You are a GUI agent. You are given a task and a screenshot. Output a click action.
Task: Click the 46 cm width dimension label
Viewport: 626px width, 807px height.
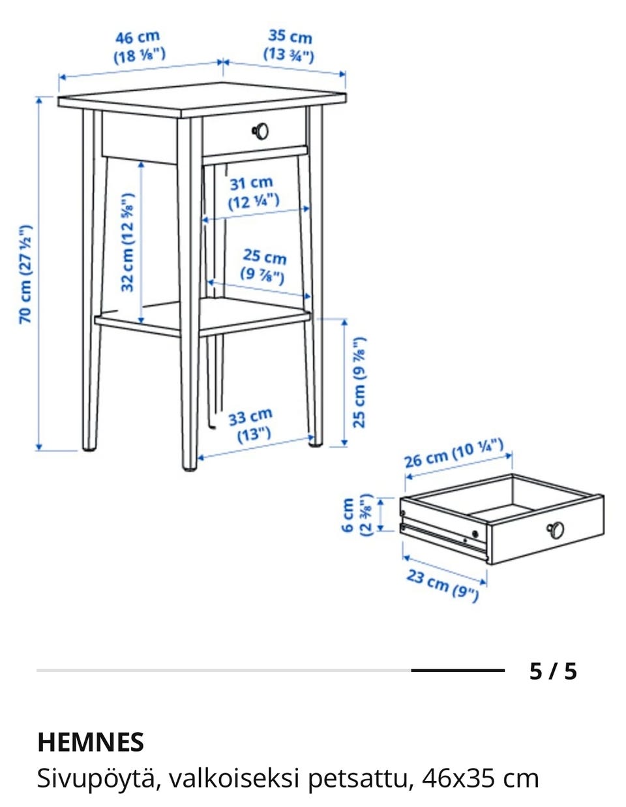tap(139, 47)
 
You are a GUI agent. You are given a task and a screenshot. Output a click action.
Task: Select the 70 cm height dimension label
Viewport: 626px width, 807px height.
tap(25, 274)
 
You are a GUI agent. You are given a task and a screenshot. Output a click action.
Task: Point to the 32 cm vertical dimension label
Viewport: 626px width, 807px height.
tap(127, 243)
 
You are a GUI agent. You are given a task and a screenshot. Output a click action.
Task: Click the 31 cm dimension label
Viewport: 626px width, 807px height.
tap(253, 192)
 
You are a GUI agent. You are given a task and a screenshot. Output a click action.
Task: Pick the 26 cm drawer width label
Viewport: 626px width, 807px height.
tap(453, 453)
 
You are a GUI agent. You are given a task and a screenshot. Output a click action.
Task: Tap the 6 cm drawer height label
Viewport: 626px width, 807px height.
tap(356, 515)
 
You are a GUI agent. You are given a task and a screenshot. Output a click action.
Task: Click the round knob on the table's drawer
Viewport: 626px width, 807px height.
tap(260, 131)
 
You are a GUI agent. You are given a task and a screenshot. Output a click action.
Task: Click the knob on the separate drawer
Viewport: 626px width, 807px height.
tap(555, 530)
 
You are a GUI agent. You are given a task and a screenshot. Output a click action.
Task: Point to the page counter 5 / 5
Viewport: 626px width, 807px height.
tap(552, 671)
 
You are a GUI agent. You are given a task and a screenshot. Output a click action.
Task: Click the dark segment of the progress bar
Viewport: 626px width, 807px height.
tap(458, 671)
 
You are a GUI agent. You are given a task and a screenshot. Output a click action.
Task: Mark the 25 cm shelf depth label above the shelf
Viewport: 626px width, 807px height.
tap(264, 266)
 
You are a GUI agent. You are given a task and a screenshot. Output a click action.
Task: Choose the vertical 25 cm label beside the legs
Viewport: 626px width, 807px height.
tap(359, 382)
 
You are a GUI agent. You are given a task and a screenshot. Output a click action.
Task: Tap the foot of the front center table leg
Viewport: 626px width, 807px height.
tap(190, 469)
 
